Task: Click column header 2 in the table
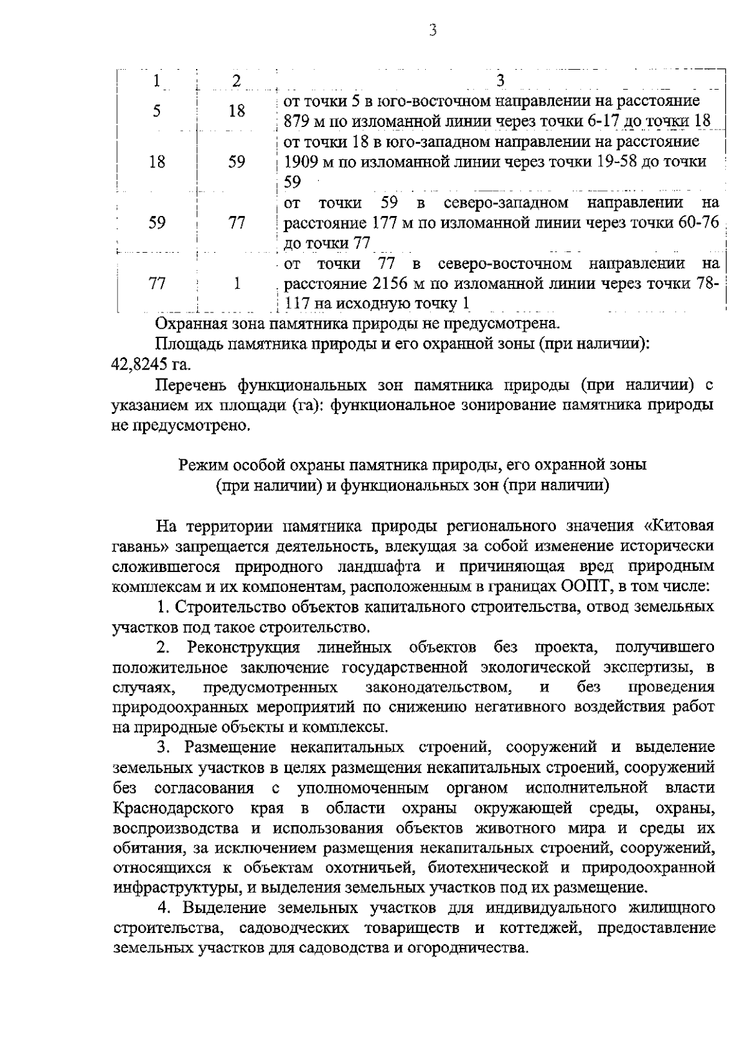[236, 80]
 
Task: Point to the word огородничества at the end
[469, 948]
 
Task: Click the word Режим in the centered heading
[200, 464]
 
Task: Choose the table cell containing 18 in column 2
[237, 111]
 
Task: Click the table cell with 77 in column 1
[157, 284]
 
